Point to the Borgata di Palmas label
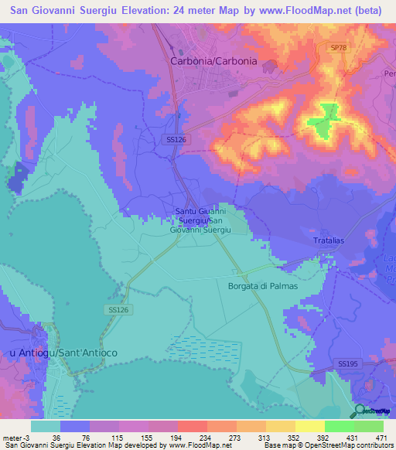(x=263, y=286)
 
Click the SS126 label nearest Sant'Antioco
(x=114, y=309)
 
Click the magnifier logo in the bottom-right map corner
(x=360, y=410)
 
